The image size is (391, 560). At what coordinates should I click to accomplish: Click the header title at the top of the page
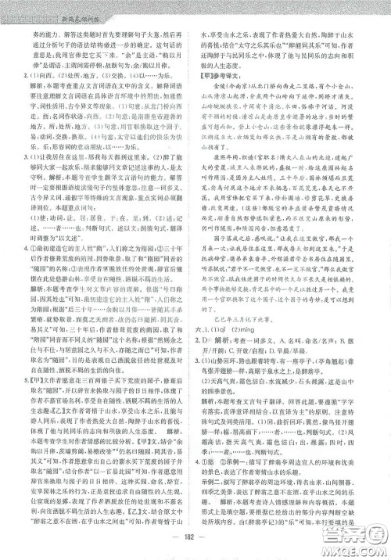70,8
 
